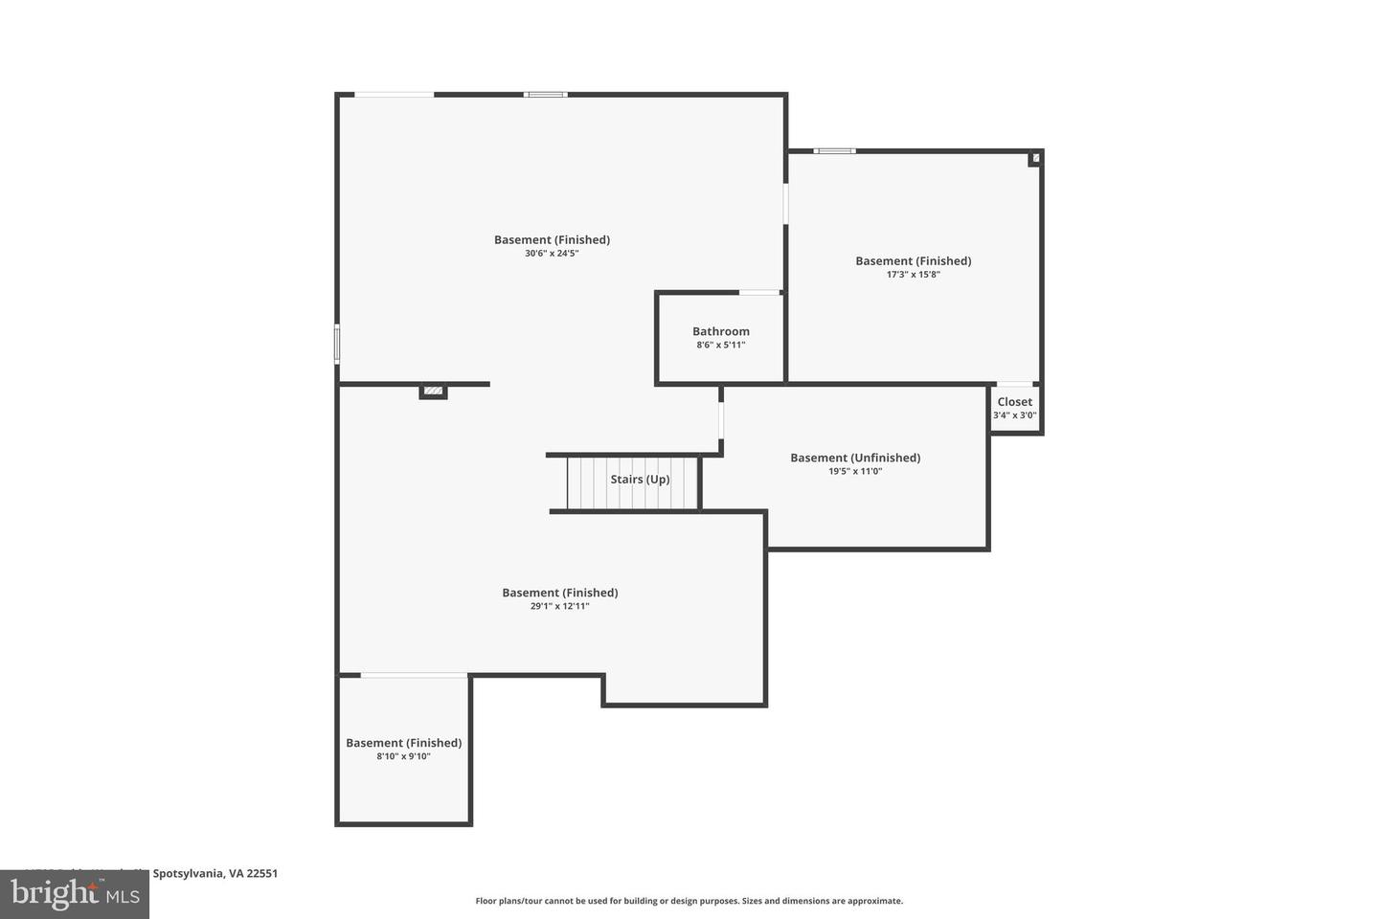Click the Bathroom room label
tap(721, 331)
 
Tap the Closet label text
tap(1014, 402)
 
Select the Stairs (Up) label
tap(640, 480)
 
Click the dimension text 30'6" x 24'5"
tap(552, 254)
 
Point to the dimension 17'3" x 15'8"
tap(913, 275)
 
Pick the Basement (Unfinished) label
tap(854, 458)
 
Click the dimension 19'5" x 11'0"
tap(854, 471)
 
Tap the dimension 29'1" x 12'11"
tap(559, 606)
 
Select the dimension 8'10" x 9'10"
tap(403, 756)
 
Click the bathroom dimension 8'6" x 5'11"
tap(720, 345)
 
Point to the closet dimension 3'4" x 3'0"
tap(1014, 415)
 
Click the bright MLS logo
tap(74, 894)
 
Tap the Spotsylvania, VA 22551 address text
tap(215, 873)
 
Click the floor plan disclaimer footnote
tap(689, 901)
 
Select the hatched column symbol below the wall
tap(433, 391)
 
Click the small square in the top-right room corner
tap(1034, 159)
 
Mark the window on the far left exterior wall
tap(337, 344)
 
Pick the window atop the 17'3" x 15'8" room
tap(834, 150)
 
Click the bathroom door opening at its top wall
tap(759, 292)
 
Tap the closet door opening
tap(1015, 384)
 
